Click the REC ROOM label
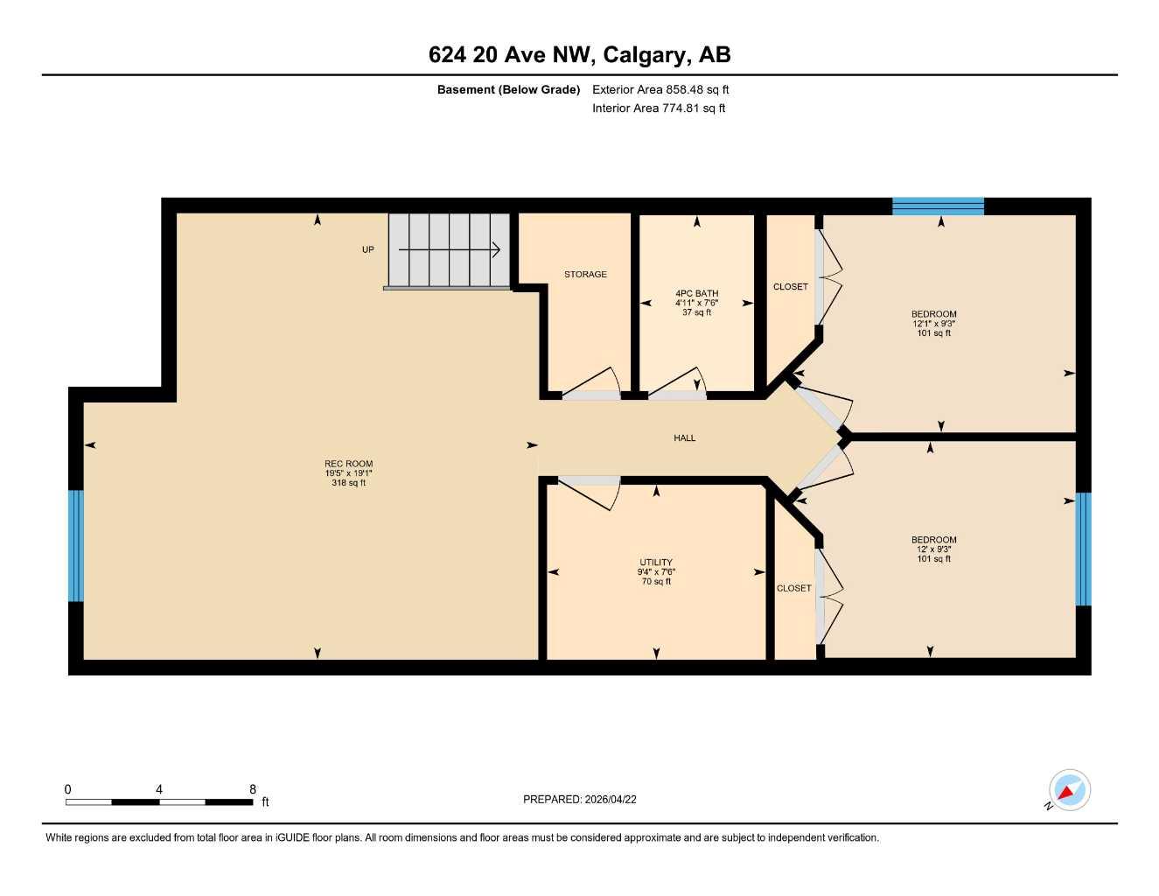point(348,464)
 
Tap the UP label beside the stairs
point(368,249)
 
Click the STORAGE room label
point(585,275)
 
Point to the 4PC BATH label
point(696,294)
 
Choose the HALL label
point(684,438)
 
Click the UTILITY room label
point(656,563)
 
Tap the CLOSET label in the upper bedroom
point(791,287)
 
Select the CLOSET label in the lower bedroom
point(793,588)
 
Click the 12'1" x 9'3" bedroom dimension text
point(934,324)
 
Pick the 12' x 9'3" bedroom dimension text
point(934,549)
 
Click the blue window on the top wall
point(938,206)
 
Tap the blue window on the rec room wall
point(76,546)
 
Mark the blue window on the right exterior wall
point(1083,549)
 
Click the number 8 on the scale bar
point(253,789)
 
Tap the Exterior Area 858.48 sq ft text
point(660,89)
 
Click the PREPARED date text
point(579,799)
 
